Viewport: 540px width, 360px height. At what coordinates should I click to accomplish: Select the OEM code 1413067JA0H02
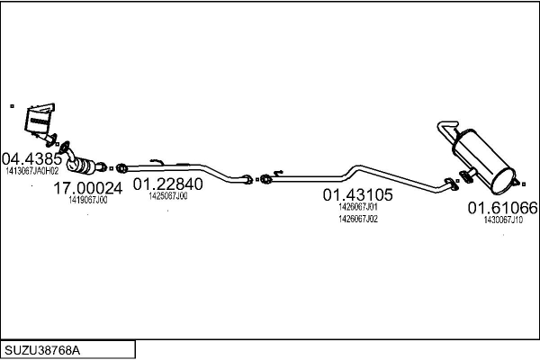[x=31, y=169]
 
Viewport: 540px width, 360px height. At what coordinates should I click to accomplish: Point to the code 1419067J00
[x=87, y=200]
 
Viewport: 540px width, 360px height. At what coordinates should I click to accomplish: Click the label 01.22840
[x=168, y=184]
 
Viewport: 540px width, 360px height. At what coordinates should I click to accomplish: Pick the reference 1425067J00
[x=168, y=195]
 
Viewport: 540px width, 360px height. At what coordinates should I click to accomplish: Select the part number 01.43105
[x=357, y=193]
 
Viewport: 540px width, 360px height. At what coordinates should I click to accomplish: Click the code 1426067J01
[x=357, y=206]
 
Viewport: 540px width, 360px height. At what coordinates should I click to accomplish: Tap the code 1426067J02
[x=357, y=218]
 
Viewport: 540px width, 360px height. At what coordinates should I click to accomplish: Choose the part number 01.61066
[x=502, y=208]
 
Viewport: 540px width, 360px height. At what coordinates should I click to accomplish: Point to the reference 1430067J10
[x=502, y=220]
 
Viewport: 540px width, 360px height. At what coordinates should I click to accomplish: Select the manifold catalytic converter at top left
[x=38, y=121]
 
